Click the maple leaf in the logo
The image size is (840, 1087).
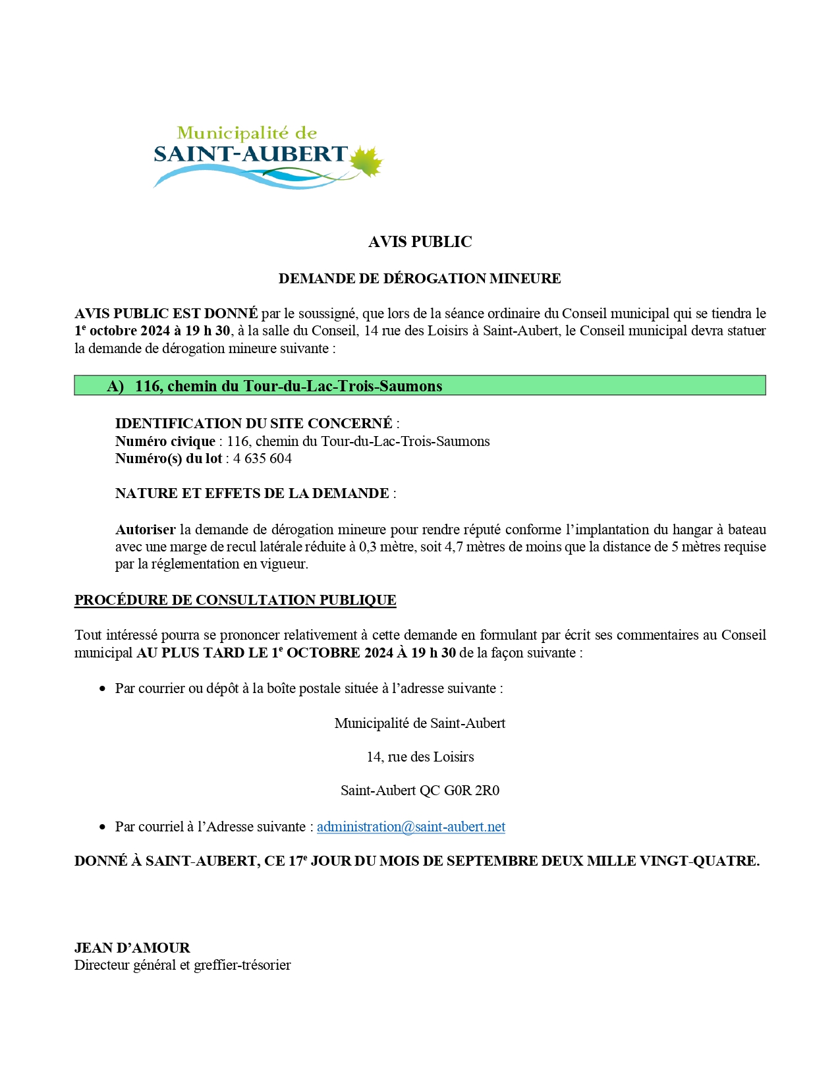366,162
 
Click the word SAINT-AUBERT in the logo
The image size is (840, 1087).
250,154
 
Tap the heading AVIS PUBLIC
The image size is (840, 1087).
420,242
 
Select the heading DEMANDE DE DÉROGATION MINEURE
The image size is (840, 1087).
420,279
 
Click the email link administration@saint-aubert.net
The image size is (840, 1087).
410,827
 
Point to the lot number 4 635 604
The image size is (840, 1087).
262,459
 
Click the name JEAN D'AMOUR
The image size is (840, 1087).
132,948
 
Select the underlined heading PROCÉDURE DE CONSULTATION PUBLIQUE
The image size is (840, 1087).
235,600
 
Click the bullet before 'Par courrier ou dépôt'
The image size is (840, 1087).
102,689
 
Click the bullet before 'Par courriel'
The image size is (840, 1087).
102,827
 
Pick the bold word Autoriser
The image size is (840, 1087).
145,530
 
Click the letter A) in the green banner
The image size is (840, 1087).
115,386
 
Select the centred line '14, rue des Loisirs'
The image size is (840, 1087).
420,757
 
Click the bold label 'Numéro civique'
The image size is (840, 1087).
165,441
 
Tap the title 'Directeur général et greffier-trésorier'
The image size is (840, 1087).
182,965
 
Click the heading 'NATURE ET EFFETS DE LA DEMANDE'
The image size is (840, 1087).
252,493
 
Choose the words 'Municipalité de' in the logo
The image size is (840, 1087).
247,133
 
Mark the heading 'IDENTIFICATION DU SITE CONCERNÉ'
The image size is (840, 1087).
254,424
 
